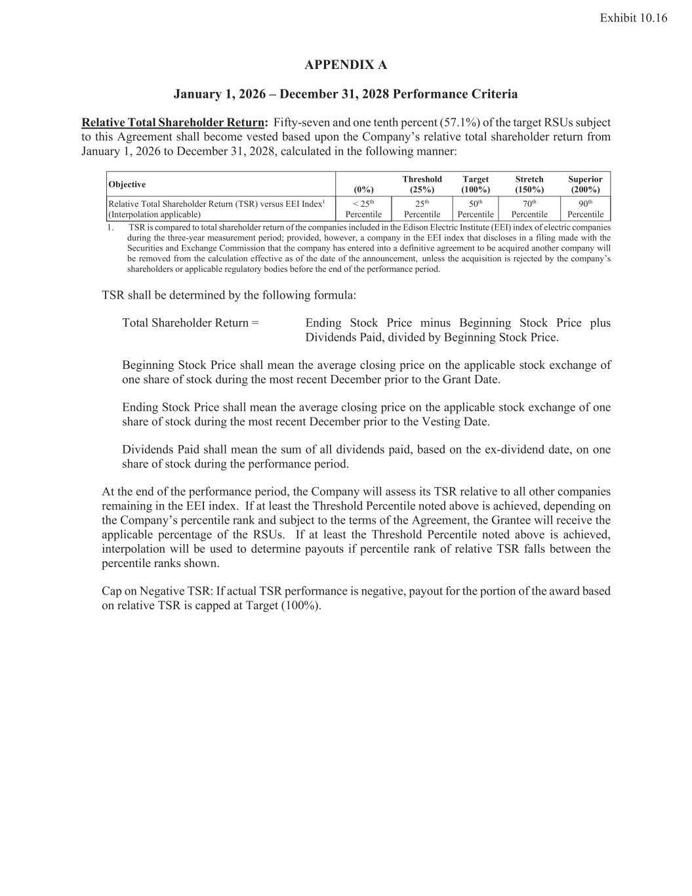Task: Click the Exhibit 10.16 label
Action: [x=633, y=18]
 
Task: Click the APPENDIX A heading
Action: [x=346, y=65]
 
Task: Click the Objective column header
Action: [x=127, y=184]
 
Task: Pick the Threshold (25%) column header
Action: [x=422, y=184]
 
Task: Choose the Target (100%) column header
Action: [x=476, y=184]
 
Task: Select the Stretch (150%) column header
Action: [x=529, y=184]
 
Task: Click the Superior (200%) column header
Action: [x=585, y=184]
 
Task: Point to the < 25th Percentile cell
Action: [x=363, y=209]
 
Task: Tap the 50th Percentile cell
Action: [x=476, y=209]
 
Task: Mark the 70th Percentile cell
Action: [x=529, y=209]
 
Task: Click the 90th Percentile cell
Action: [x=585, y=209]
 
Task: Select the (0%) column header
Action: [x=363, y=190]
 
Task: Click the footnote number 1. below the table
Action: [x=110, y=228]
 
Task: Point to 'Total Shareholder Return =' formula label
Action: [x=190, y=323]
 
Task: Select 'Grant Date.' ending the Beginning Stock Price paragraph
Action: [x=471, y=379]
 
